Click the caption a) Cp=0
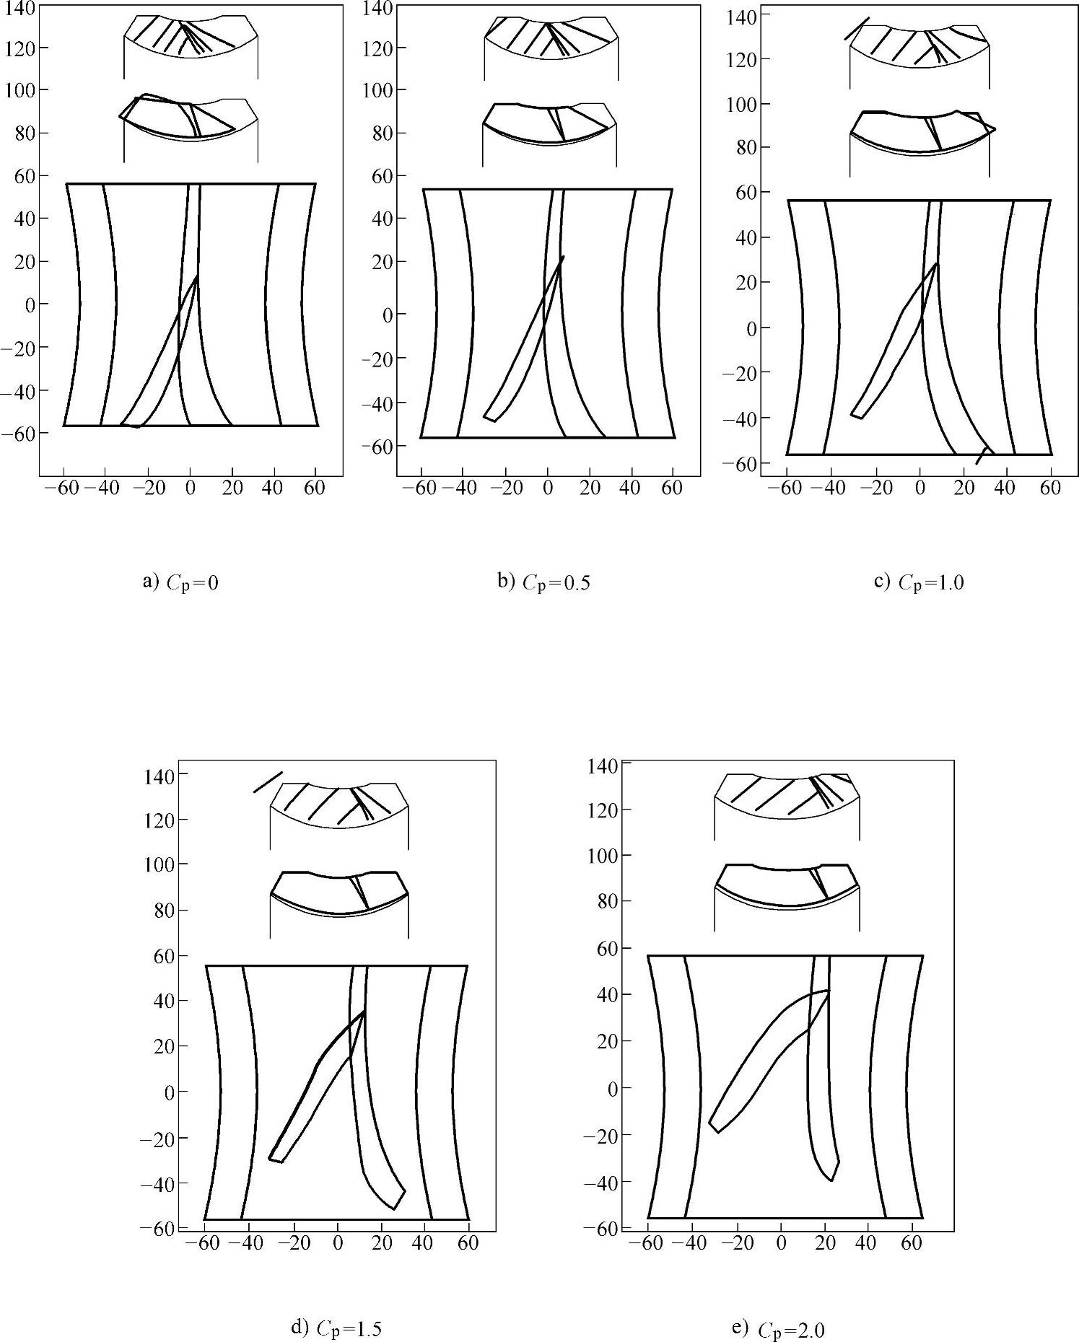click(180, 582)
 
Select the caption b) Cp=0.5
click(543, 582)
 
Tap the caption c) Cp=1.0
click(919, 582)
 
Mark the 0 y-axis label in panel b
click(383, 315)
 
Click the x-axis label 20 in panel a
click(231, 488)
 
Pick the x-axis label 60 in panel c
click(1050, 488)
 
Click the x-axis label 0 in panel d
click(337, 1242)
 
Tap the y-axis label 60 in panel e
click(603, 948)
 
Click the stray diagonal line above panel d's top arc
click(268, 782)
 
